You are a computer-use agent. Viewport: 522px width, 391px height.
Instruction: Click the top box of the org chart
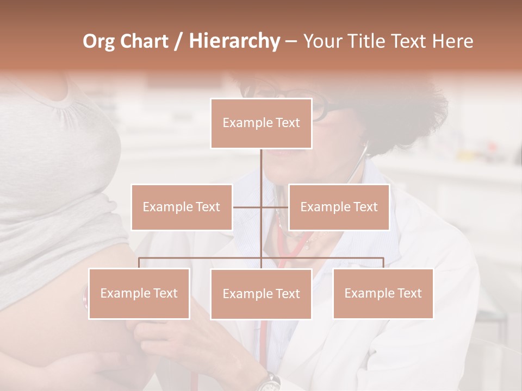point(261,123)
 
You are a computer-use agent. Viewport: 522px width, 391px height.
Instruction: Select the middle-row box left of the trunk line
point(182,207)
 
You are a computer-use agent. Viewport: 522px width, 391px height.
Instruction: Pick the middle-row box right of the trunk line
point(339,207)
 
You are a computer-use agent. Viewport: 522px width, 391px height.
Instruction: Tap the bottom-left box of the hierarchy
point(139,293)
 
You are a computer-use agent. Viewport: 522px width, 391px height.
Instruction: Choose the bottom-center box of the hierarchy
point(261,294)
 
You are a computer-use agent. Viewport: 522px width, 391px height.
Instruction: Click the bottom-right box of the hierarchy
point(383,293)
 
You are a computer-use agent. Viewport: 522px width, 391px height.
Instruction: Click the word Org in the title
point(100,41)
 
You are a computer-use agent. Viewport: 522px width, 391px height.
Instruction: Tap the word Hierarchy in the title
point(234,41)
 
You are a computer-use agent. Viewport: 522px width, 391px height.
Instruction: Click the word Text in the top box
point(287,123)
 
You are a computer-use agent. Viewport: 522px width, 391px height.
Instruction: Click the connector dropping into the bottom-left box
point(139,263)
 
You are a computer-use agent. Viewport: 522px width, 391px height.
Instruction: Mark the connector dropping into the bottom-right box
point(383,263)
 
